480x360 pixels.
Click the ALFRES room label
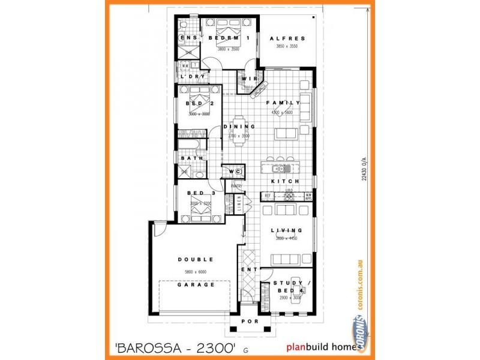coord(290,38)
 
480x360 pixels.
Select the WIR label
coord(249,79)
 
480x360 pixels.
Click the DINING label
coord(239,127)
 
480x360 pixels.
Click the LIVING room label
coord(286,230)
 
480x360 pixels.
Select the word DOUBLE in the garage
coord(196,260)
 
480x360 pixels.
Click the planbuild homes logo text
coord(324,346)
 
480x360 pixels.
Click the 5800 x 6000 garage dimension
coord(196,272)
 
